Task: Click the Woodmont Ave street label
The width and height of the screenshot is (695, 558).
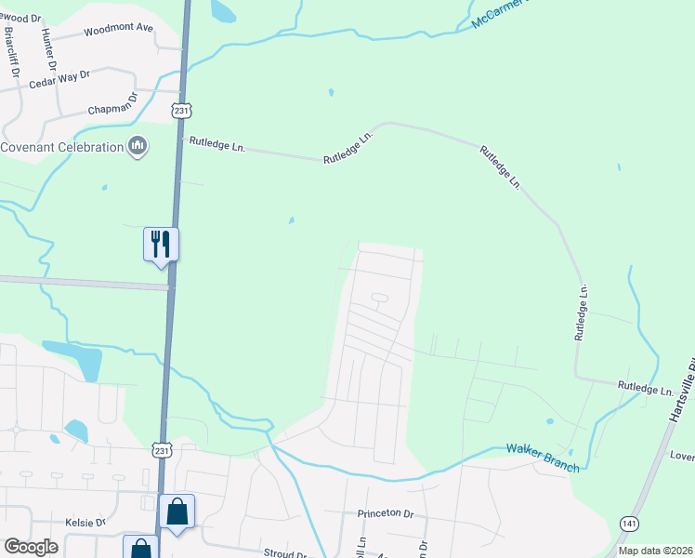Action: [x=118, y=29]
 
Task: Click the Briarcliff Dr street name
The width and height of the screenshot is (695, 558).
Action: [x=12, y=51]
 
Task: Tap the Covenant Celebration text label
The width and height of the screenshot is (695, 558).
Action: [x=61, y=147]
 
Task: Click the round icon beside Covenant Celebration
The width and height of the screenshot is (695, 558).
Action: [x=138, y=146]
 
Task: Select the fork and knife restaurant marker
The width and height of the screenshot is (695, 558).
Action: [x=161, y=245]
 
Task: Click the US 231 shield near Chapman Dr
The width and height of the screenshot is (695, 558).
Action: [x=180, y=111]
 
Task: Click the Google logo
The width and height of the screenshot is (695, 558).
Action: [x=32, y=547]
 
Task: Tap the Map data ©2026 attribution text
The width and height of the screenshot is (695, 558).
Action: [x=655, y=551]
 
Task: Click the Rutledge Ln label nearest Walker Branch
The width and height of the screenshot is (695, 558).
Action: [x=646, y=389]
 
